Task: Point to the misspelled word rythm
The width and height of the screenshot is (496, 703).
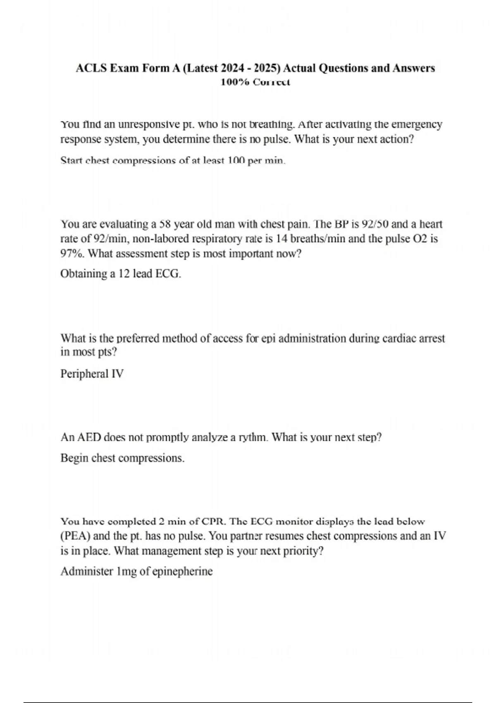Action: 252,437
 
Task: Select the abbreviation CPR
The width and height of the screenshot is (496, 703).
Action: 212,521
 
